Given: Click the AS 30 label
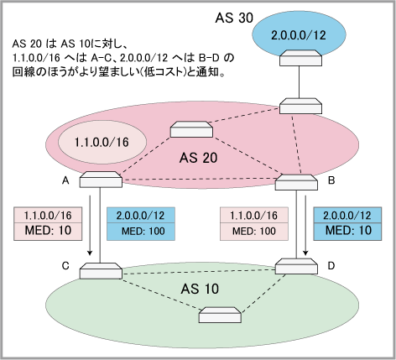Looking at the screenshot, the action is click(x=234, y=18).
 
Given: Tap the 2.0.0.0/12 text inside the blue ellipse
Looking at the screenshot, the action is click(x=299, y=35).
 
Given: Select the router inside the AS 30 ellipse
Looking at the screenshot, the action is click(x=300, y=58).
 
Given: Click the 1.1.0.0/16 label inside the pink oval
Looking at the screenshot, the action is click(x=102, y=142).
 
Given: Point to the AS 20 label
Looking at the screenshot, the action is click(x=198, y=158).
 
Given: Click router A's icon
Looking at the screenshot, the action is click(x=101, y=180).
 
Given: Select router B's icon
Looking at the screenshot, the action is click(x=296, y=182).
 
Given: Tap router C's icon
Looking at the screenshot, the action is click(x=101, y=271).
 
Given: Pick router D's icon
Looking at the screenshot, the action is click(x=296, y=266).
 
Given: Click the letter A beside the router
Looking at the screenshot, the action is click(x=65, y=180).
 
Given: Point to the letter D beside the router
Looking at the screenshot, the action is click(x=331, y=266).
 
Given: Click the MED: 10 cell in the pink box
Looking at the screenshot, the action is click(x=48, y=232).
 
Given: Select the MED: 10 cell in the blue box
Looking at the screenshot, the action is click(x=347, y=232).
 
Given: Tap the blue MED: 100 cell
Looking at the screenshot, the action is click(x=141, y=232).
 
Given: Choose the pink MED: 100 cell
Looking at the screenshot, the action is click(x=254, y=232).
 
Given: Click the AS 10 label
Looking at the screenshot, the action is click(x=200, y=289).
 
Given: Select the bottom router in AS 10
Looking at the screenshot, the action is click(x=220, y=315).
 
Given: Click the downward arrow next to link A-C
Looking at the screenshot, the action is click(x=90, y=226).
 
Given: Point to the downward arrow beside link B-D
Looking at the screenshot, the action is click(x=305, y=226).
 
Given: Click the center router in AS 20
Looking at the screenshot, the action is click(x=191, y=129).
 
